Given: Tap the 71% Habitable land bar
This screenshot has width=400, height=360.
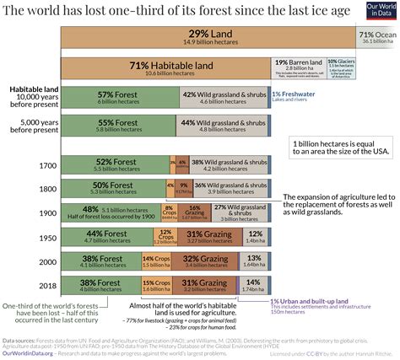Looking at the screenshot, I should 164,68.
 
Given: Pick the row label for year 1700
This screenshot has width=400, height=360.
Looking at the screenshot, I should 46,165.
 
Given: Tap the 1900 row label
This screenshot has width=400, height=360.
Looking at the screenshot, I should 46,212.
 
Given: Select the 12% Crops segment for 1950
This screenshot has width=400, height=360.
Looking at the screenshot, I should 164,237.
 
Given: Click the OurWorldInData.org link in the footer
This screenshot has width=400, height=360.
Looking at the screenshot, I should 29,353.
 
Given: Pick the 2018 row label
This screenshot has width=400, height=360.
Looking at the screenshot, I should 46,285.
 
